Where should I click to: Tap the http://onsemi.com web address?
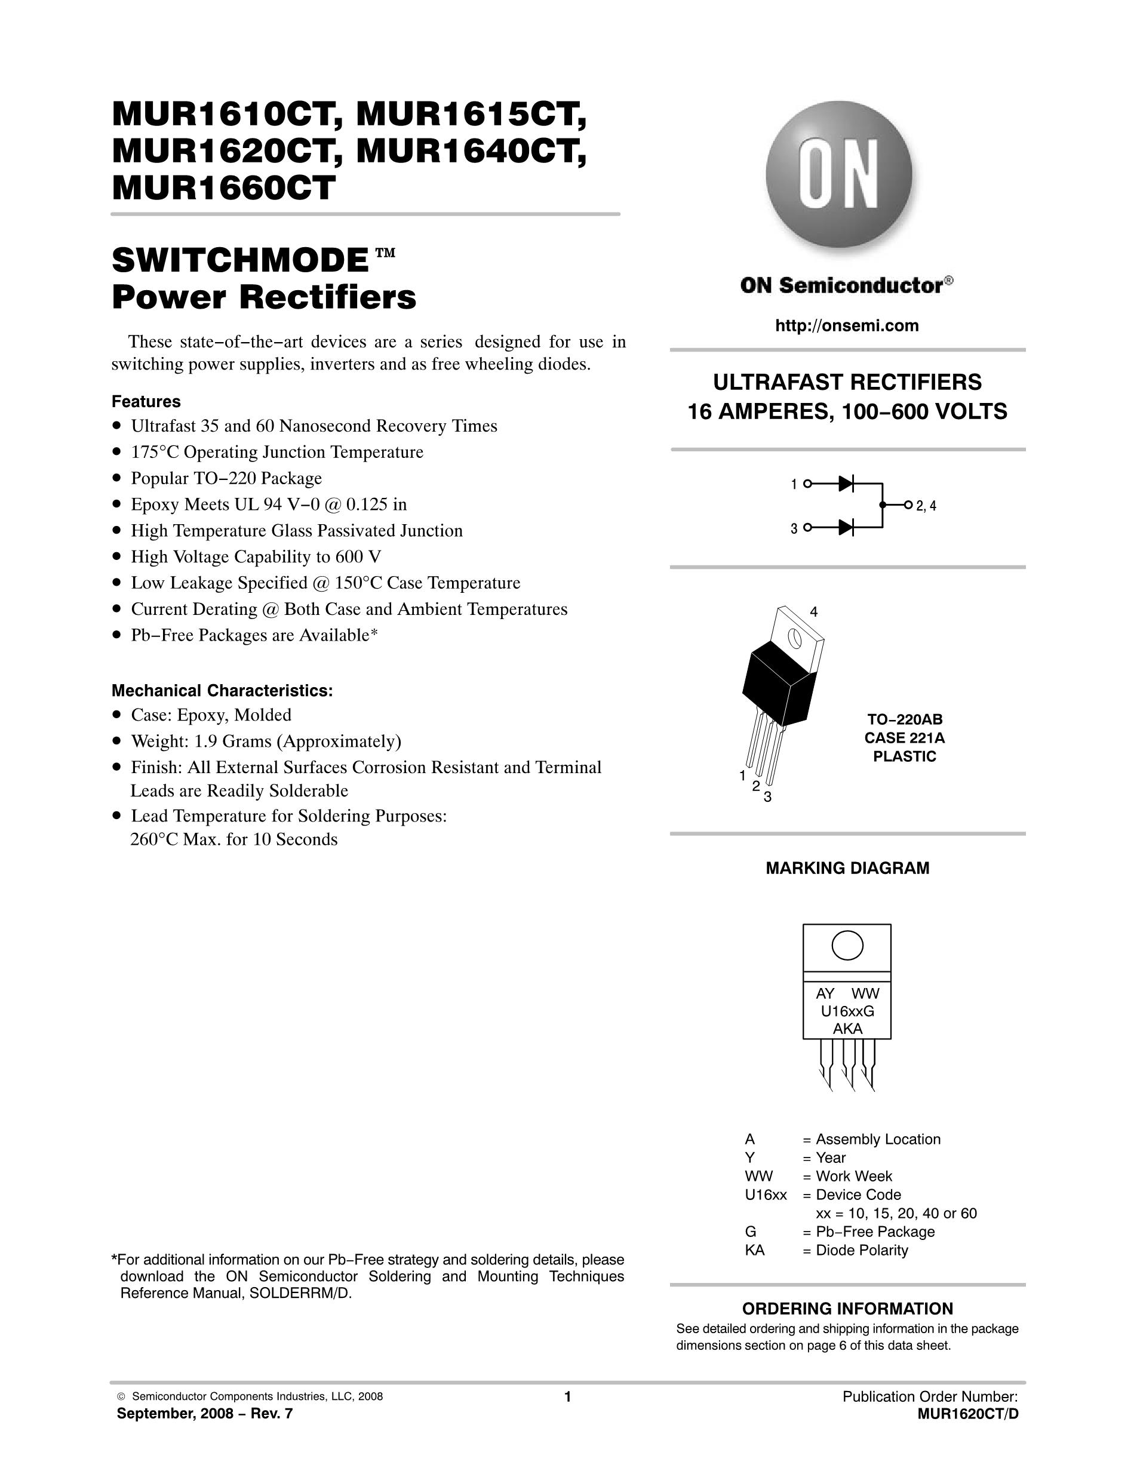pos(847,326)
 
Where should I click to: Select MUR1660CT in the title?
pos(223,188)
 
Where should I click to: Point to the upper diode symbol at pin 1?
pos(846,483)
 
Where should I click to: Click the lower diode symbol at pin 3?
pos(846,527)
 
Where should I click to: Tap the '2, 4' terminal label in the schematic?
pos(926,506)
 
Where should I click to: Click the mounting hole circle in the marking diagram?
pos(847,945)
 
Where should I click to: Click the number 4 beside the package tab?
pos(814,613)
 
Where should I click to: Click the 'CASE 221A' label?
pos(905,737)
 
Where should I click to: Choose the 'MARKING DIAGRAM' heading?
pos(847,868)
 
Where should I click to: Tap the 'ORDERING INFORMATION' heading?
pos(847,1309)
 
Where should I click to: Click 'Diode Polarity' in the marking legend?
pos(862,1250)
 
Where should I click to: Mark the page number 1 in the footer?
pos(567,1397)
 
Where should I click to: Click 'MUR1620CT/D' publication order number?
pos(967,1414)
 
